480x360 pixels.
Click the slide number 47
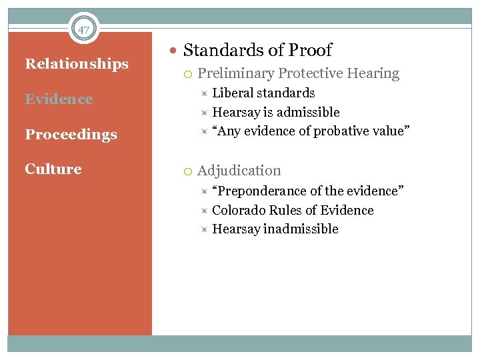pos(83,30)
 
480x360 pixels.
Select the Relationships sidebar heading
pos(77,64)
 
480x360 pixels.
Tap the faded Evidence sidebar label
pos(59,99)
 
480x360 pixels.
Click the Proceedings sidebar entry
pos(71,135)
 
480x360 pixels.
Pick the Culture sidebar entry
pos(53,169)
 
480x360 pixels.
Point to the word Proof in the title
pos(310,50)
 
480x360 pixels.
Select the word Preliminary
pos(236,74)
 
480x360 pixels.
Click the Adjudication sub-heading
pos(239,171)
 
